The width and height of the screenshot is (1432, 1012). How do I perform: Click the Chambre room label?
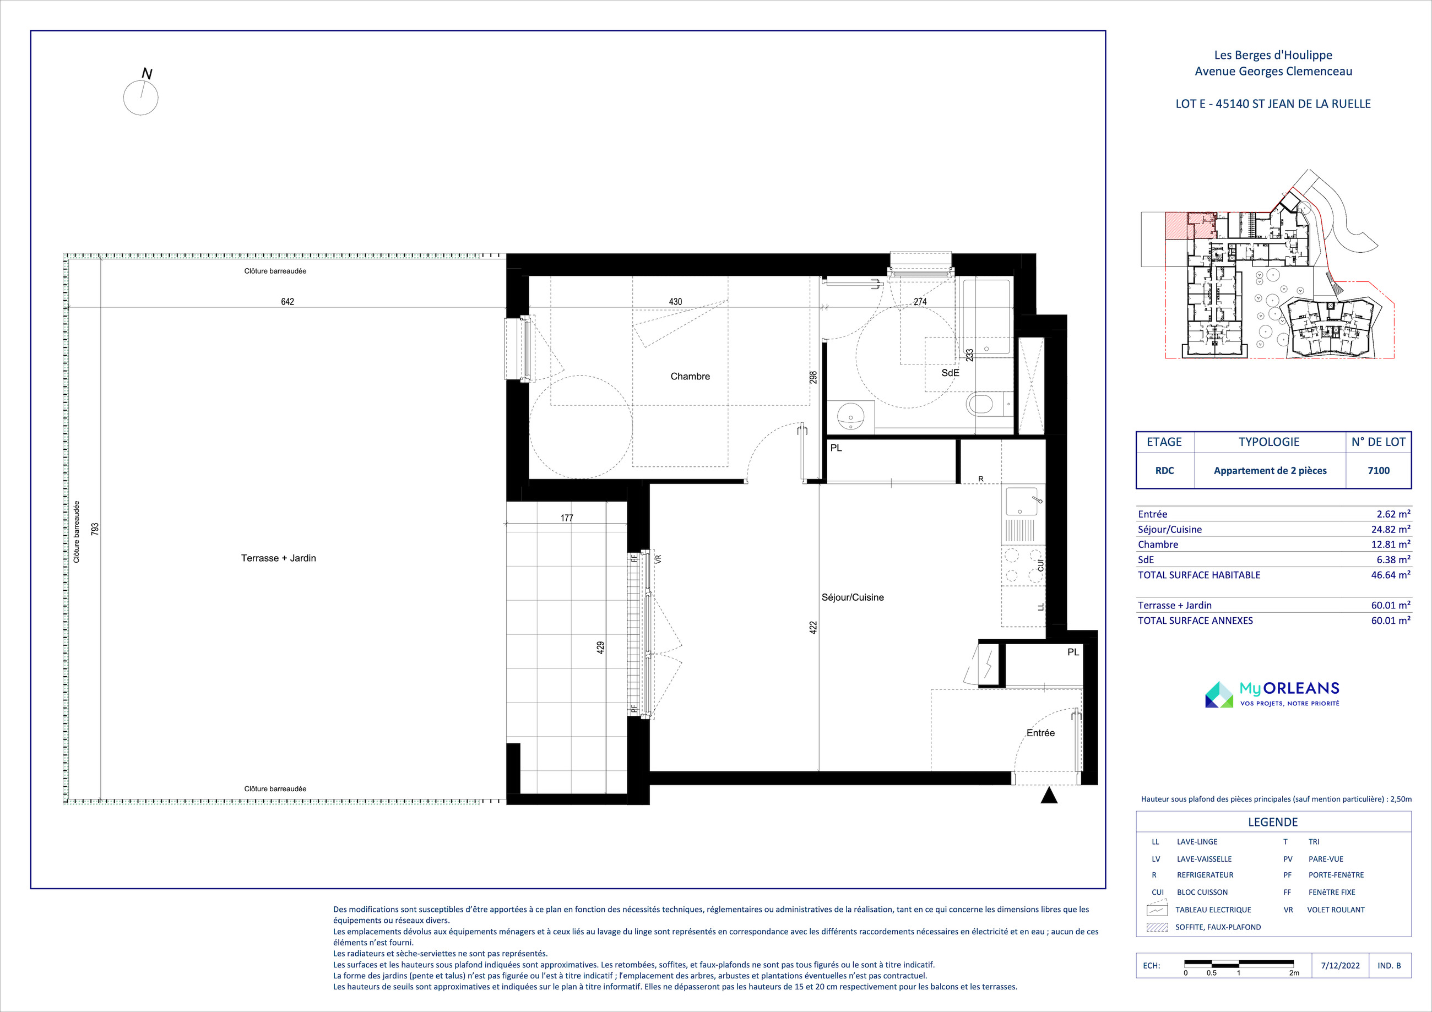coord(690,376)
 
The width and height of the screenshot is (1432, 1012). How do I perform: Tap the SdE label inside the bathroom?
coord(950,373)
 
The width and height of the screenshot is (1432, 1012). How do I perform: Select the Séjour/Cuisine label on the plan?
coord(853,597)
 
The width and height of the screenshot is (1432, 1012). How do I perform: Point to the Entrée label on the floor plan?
coord(1040,733)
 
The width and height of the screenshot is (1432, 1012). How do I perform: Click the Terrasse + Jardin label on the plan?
coord(278,558)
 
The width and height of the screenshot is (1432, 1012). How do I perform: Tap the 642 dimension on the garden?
coord(287,302)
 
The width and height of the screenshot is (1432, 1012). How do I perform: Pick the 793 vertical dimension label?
coord(95,529)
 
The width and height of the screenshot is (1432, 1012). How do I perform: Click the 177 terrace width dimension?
coord(566,518)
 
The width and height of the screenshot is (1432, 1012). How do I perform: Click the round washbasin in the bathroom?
coord(851,416)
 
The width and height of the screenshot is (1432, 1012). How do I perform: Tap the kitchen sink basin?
coord(1021,502)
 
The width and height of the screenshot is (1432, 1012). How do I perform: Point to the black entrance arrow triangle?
coord(1049,795)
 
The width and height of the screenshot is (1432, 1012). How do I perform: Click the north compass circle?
coord(141,97)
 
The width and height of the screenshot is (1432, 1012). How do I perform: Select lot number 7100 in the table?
coord(1379,471)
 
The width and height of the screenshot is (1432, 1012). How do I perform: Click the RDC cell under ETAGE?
coord(1164,471)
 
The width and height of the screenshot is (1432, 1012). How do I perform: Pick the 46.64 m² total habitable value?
coord(1390,575)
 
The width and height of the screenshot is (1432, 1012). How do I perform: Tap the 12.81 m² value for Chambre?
coord(1390,545)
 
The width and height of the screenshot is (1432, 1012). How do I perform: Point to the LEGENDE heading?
coord(1273,822)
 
